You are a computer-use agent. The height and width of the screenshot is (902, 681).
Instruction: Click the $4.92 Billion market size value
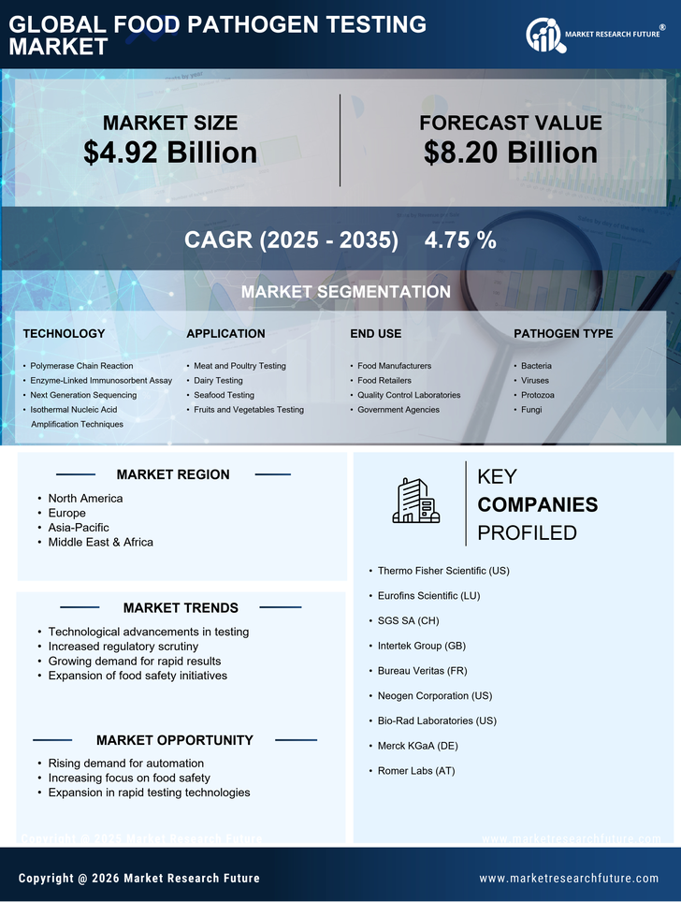pyautogui.click(x=170, y=153)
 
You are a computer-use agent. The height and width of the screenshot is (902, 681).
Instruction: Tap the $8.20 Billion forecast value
pyautogui.click(x=510, y=153)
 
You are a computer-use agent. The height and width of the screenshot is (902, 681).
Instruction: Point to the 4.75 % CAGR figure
pyautogui.click(x=460, y=240)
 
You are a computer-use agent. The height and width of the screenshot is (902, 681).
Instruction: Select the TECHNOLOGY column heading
pyautogui.click(x=64, y=333)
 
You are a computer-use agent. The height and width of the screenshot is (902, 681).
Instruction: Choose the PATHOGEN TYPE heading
pyautogui.click(x=563, y=333)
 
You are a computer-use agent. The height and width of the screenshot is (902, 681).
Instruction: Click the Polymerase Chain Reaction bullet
pyautogui.click(x=81, y=366)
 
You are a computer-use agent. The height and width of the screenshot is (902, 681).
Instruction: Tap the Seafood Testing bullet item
pyautogui.click(x=224, y=395)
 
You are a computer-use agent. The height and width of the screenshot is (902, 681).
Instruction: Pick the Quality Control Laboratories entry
pyautogui.click(x=409, y=395)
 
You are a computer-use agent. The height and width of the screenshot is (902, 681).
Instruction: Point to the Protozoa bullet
pyautogui.click(x=538, y=395)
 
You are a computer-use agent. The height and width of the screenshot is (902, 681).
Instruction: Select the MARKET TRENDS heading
pyautogui.click(x=181, y=608)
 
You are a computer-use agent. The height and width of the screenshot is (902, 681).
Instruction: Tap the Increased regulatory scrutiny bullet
pyautogui.click(x=123, y=647)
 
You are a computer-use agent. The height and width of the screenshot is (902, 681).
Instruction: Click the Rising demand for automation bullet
pyautogui.click(x=125, y=764)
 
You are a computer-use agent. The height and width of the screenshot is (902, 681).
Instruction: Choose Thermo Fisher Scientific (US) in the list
pyautogui.click(x=443, y=571)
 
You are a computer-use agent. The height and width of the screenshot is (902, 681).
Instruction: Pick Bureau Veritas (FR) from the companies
pyautogui.click(x=422, y=671)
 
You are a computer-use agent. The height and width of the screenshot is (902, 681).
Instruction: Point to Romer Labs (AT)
pyautogui.click(x=415, y=771)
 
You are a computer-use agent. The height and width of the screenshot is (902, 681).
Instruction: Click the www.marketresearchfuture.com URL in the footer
pyautogui.click(x=569, y=879)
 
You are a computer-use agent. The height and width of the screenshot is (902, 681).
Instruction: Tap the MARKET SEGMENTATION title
pyautogui.click(x=345, y=292)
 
